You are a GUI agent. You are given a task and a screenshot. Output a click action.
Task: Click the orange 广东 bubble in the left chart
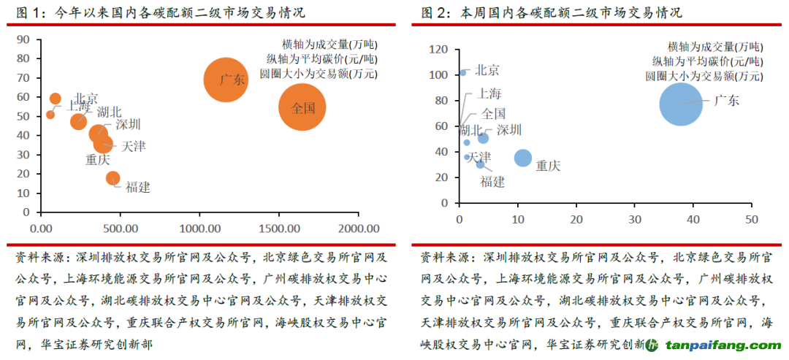[225, 80]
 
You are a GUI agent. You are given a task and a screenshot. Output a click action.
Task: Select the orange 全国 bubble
[302, 107]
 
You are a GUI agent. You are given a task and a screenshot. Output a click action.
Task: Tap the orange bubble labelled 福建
[113, 178]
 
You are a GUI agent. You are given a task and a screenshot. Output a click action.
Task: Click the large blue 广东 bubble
[681, 104]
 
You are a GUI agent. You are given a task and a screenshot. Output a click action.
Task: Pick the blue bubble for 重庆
[523, 158]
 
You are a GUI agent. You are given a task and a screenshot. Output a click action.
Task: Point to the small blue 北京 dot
[463, 73]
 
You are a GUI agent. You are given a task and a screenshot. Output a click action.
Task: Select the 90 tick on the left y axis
[24, 39]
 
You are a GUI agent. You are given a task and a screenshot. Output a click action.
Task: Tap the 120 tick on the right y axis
[436, 50]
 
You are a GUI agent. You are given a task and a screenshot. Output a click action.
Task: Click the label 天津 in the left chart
[134, 147]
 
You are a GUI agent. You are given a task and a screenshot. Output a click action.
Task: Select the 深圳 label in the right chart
[509, 131]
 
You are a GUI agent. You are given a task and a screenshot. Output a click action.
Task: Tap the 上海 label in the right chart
[489, 93]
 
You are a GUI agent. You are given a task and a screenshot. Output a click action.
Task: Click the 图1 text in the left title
[26, 13]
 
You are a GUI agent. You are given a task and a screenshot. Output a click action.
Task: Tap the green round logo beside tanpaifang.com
[652, 345]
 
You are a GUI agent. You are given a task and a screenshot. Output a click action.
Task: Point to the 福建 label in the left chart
[138, 187]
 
